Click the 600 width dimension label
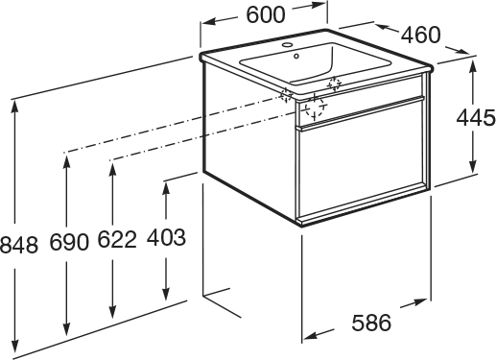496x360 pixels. pos(266,14)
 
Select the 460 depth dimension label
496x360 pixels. pos(421,35)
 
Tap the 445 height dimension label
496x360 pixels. pos(476,118)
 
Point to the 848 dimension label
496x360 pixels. pos(19,245)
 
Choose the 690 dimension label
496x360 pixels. pos(69,242)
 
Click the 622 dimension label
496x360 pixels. pos(117,239)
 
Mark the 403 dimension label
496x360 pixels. pos(166,237)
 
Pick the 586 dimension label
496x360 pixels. pos(371,323)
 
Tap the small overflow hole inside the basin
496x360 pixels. pos(296,57)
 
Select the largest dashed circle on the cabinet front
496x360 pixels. pos(315,107)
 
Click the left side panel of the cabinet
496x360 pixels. pos(249,143)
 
